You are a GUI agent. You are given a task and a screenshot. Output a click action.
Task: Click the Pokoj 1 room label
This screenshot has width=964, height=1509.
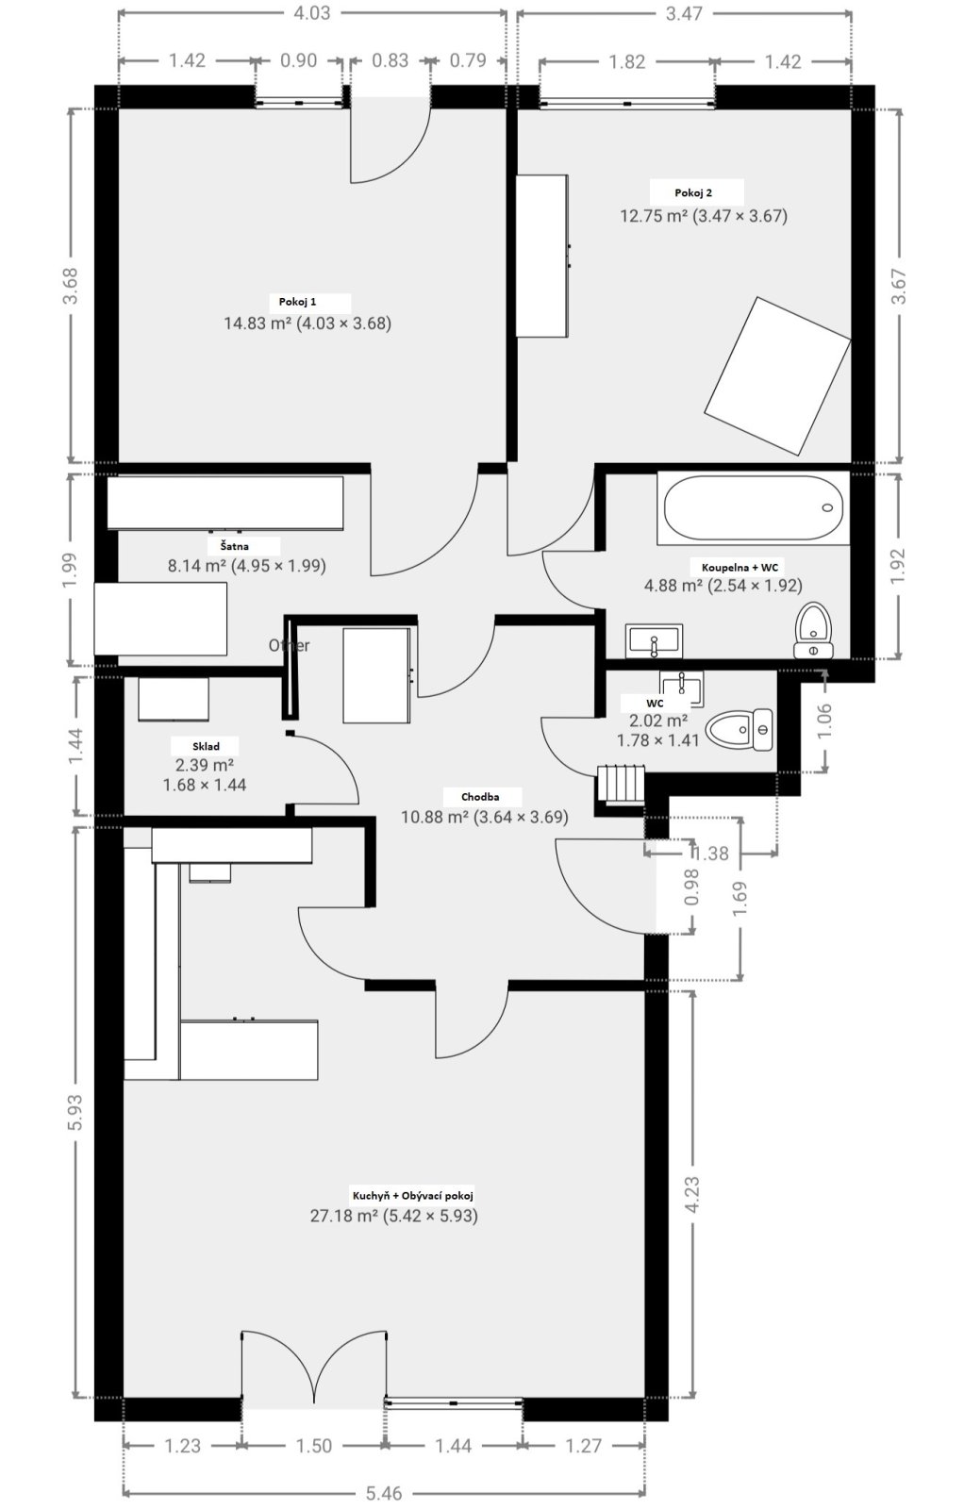point(297,302)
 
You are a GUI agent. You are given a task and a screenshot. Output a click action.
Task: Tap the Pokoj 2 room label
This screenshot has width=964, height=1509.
point(693,192)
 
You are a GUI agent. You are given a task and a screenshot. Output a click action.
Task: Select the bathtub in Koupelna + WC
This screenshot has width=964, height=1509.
point(753,508)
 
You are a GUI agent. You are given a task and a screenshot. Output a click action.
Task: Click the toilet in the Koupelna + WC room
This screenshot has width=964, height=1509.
point(814,630)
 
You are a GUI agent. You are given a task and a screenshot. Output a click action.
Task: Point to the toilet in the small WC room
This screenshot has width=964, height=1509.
point(739,730)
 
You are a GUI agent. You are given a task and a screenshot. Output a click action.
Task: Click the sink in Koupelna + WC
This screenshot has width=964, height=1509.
point(654,640)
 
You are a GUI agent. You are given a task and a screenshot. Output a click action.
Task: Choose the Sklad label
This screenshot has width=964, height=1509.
point(207,746)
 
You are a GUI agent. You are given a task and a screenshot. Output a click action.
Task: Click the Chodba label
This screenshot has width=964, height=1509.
point(480,797)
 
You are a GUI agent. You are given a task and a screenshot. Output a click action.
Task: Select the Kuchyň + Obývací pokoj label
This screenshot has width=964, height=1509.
point(413,1196)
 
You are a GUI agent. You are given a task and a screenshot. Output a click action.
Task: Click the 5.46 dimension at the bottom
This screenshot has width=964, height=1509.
point(383,1493)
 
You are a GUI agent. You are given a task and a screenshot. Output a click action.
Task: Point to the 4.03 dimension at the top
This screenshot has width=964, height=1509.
point(312,13)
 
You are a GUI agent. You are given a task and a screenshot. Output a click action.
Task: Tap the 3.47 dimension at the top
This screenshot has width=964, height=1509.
point(684,13)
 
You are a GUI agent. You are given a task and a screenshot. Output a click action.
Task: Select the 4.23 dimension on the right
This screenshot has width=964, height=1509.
point(691,1195)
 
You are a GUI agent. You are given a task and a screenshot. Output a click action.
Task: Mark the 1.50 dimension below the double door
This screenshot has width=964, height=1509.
point(314,1446)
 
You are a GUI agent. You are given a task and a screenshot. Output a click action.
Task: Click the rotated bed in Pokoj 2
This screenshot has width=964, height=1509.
point(777,375)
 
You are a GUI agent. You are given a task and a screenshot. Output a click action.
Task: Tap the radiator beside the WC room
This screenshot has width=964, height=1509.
point(621,783)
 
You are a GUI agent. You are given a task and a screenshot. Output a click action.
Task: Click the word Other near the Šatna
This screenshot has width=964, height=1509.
point(289,645)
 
